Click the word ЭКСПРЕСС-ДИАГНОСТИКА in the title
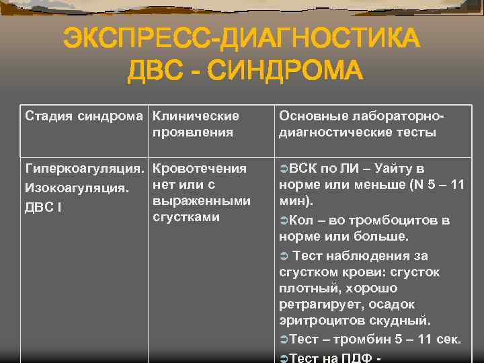pos(241,38)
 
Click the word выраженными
pos(202,200)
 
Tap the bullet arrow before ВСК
pos(284,169)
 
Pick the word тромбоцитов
pos(399,220)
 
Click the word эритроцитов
pos(315,320)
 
